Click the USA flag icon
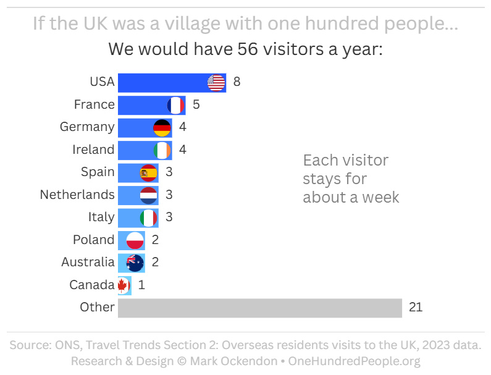click(216, 82)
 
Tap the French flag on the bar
click(176, 105)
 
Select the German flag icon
click(162, 128)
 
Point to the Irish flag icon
click(162, 150)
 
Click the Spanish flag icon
click(149, 172)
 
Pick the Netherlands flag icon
click(149, 195)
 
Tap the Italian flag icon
click(149, 217)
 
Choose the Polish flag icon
click(135, 240)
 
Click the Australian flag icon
click(135, 263)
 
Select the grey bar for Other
click(259, 308)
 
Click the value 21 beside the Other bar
click(416, 307)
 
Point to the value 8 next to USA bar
click(237, 82)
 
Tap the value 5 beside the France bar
click(196, 104)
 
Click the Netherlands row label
click(77, 195)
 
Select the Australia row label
click(88, 262)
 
